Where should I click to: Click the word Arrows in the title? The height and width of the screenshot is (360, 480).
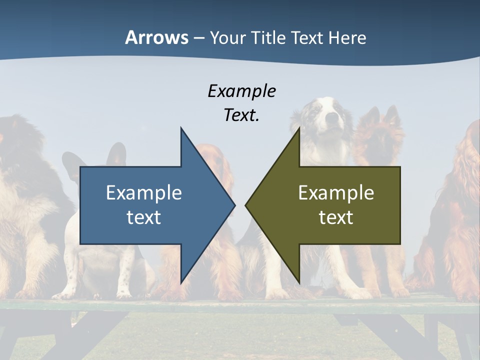click(x=156, y=37)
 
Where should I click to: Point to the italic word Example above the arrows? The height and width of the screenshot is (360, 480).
click(x=241, y=91)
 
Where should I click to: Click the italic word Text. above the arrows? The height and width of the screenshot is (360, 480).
click(x=241, y=115)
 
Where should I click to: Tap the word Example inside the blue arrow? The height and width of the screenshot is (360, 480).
click(x=144, y=193)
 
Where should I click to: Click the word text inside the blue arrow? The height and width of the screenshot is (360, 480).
click(x=144, y=217)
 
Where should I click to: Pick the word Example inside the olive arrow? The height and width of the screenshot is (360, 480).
click(x=336, y=193)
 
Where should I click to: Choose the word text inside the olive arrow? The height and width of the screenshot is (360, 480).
click(x=336, y=217)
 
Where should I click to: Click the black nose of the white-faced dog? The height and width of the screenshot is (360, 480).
click(x=331, y=118)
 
